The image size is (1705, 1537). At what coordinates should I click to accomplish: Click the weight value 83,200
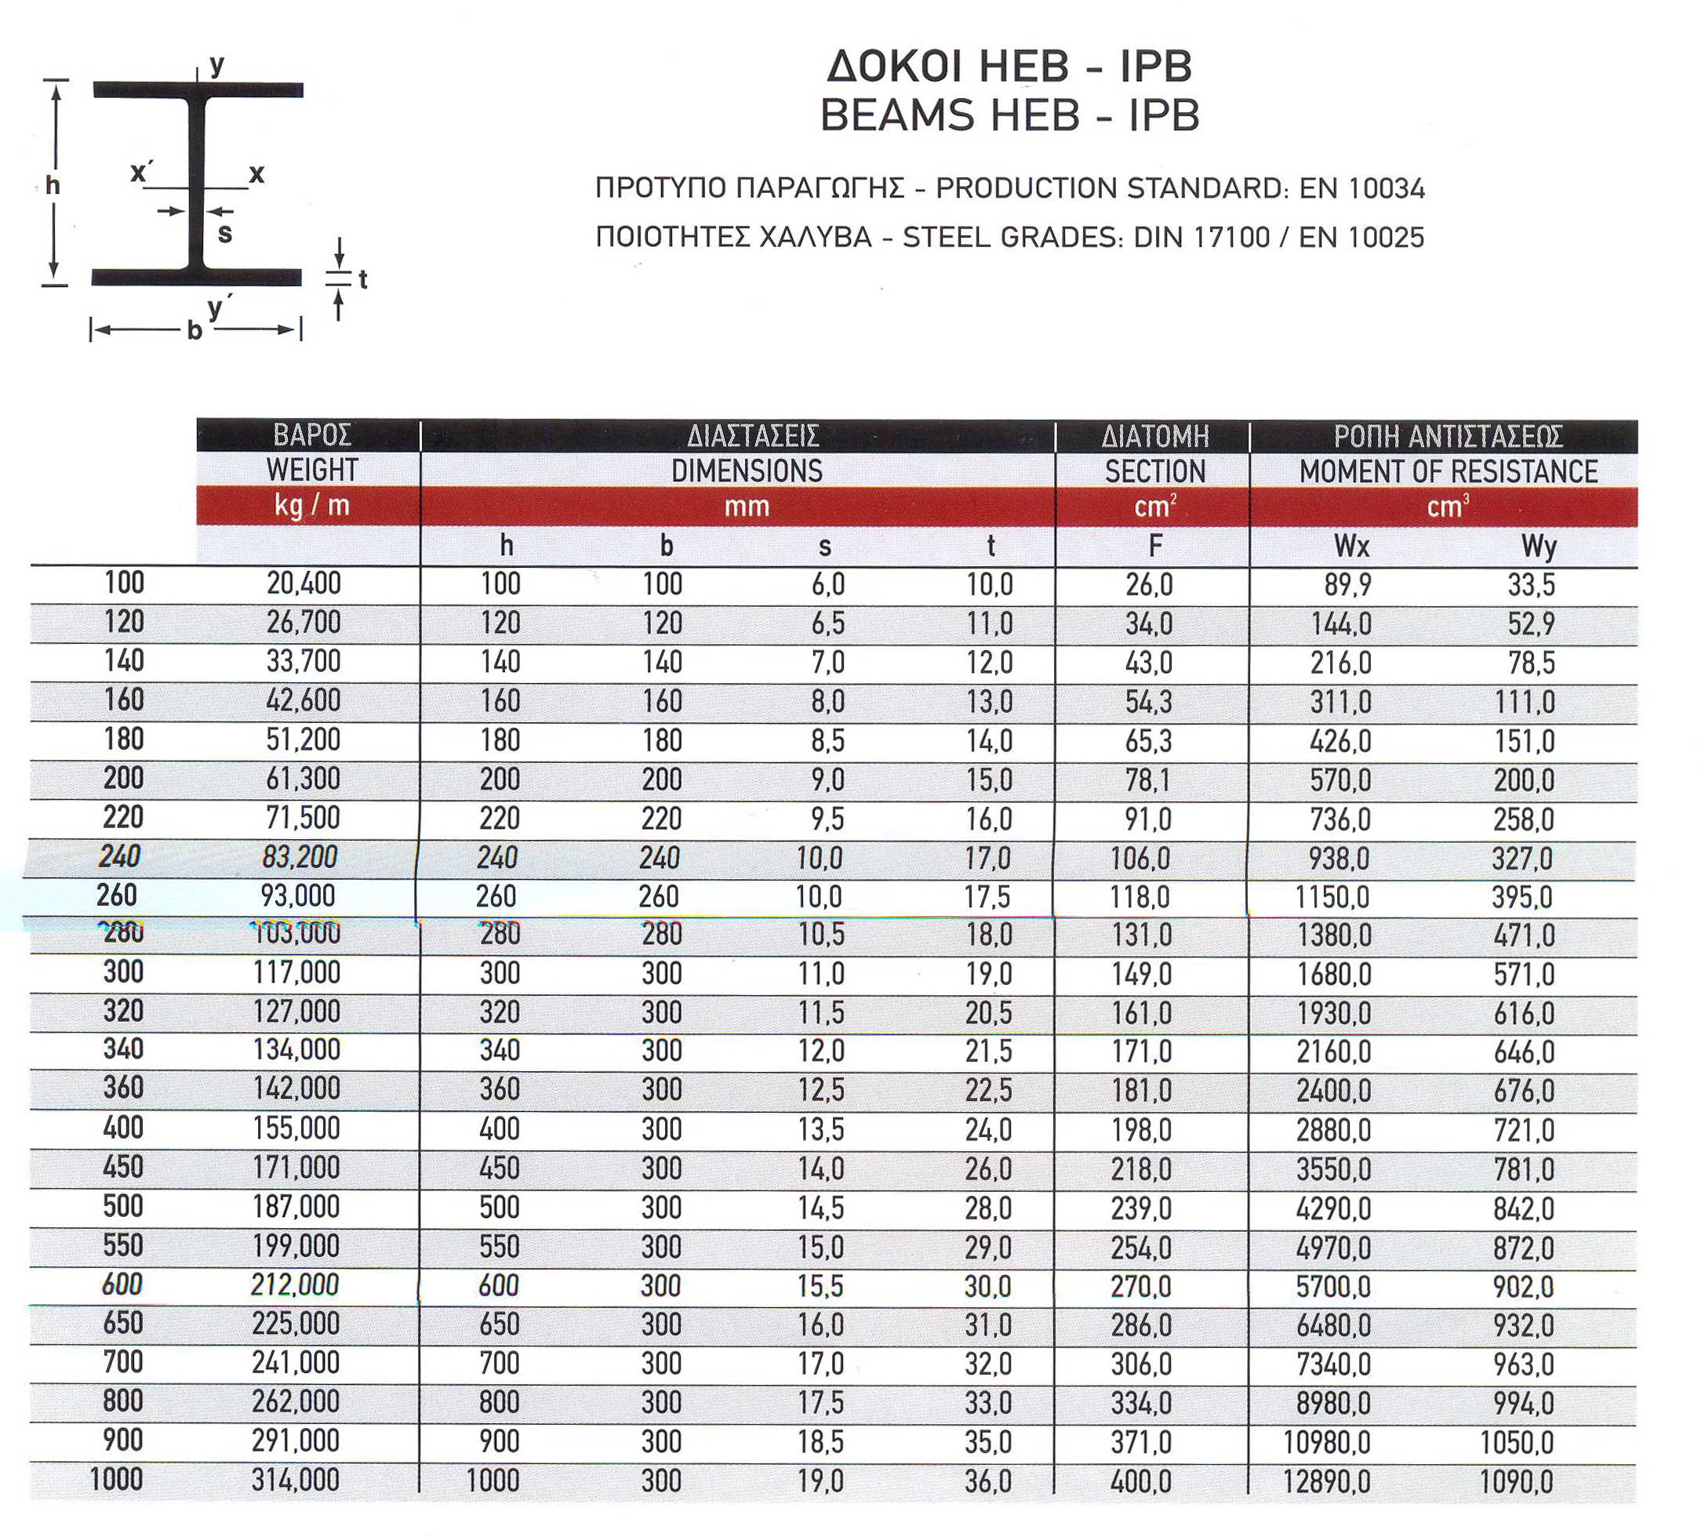coord(300,857)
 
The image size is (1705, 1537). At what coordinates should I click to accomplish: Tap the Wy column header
coord(1539,547)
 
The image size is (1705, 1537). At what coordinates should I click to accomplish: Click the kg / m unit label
coord(311,506)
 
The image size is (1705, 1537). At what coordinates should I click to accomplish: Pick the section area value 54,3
coord(1148,702)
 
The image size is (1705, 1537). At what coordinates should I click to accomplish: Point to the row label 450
coord(123,1167)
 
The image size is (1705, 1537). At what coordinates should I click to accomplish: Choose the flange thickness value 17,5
coord(987,897)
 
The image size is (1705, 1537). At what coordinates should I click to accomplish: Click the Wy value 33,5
coord(1531,584)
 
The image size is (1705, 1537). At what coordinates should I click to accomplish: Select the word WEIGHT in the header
coord(311,470)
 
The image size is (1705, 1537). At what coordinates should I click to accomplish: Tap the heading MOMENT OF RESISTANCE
coord(1448,471)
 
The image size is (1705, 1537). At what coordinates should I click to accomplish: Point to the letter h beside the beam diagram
coord(53,185)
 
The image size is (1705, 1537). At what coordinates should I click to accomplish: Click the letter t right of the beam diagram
coord(363,279)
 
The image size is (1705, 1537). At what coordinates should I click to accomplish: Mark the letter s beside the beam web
coord(224,234)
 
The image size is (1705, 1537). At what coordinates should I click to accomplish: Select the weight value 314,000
coord(296,1481)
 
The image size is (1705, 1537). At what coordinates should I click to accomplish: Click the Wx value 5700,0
coord(1333,1286)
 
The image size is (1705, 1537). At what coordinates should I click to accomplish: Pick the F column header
coord(1155,547)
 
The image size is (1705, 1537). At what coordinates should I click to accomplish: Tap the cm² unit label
coord(1154,507)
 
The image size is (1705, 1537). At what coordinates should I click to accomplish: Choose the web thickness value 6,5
coord(827,623)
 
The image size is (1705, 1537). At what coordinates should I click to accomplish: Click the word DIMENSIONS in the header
coord(747,471)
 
